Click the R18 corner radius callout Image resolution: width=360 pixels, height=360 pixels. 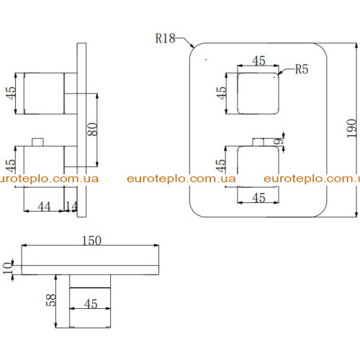coord(166,38)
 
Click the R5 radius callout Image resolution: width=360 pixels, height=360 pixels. coord(302,69)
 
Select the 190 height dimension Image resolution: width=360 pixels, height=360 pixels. coord(351,128)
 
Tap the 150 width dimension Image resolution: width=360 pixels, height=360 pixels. coord(91,240)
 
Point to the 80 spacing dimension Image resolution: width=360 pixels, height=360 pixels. coord(92,130)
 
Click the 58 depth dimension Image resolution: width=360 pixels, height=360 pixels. coord(50,300)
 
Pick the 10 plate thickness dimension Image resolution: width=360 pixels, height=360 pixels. coord(7,268)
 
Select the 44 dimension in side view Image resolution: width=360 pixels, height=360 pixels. coord(44,207)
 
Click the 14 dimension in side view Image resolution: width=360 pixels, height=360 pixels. coord(71,207)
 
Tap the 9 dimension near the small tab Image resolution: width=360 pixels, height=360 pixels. coord(278,141)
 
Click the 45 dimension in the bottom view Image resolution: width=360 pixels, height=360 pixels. coord(91,304)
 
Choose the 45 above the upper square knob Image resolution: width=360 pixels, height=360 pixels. coord(258,60)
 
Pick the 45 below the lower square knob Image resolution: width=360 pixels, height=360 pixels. coord(258,198)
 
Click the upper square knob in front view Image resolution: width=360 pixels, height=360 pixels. coord(258,94)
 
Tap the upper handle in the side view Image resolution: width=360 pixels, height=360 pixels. coord(44,94)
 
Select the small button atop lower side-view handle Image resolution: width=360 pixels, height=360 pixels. coord(37,142)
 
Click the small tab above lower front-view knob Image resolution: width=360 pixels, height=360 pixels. coord(258,142)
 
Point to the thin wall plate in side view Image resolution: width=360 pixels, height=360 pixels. coord(81,130)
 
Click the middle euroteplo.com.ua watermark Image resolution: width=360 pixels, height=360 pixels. coord(181,179)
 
